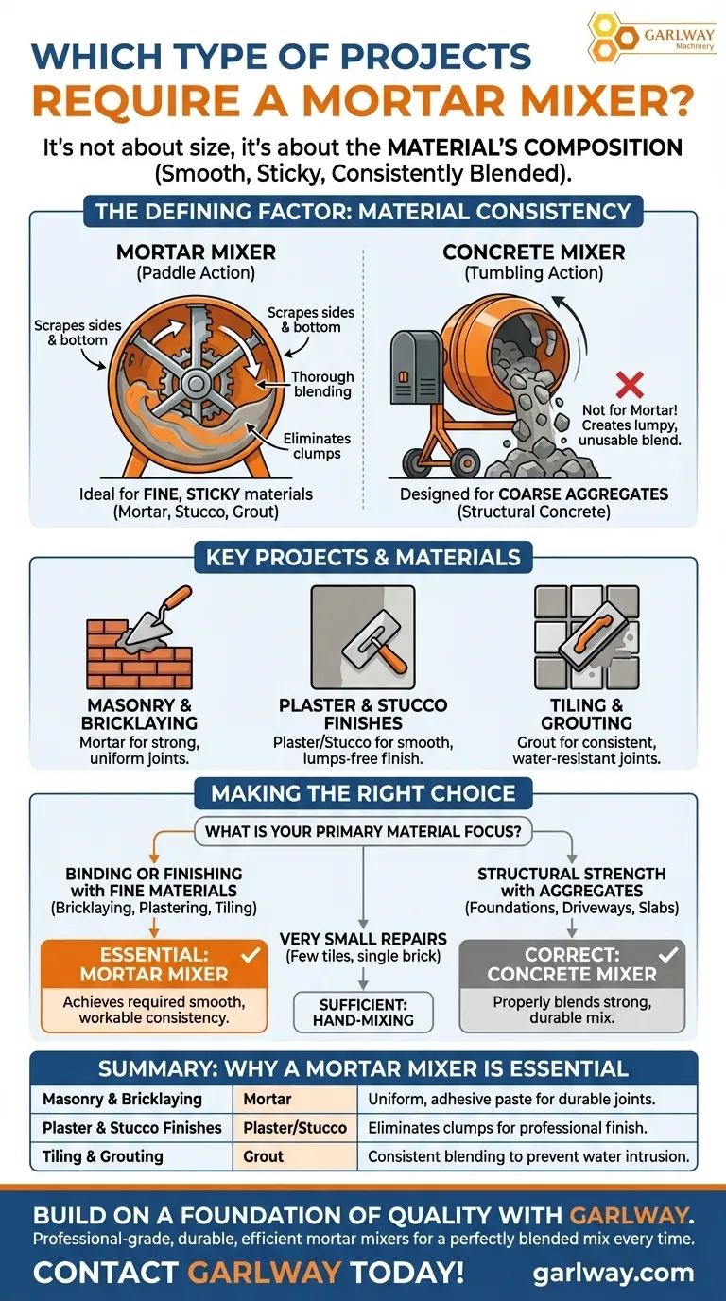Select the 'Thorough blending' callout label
coord(322,384)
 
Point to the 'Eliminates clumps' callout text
coord(317,446)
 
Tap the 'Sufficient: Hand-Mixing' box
coord(363,1012)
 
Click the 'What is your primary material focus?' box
coord(363,832)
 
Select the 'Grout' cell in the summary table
coord(264,1155)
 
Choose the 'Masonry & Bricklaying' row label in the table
coord(123,1099)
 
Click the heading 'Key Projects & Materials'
coord(363,557)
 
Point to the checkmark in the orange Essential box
coord(250,955)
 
